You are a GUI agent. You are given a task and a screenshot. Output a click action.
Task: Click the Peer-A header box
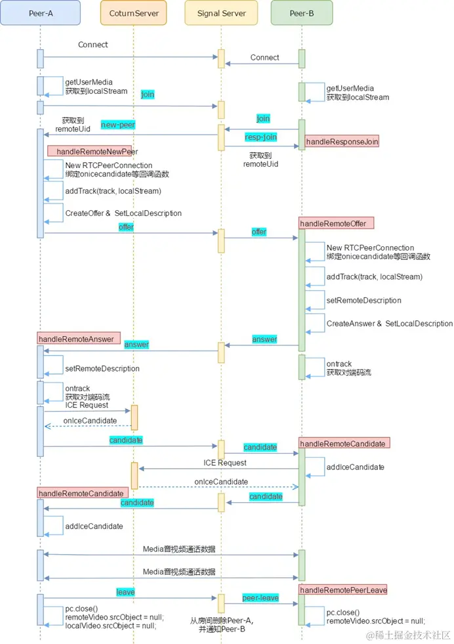pos(41,12)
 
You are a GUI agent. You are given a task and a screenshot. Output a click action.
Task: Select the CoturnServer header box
pos(134,12)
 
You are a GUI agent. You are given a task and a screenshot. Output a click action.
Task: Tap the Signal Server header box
pos(221,12)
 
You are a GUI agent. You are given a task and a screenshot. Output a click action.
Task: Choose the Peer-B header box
pos(302,12)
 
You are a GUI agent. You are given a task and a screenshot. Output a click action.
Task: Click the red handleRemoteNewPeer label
pos(89,152)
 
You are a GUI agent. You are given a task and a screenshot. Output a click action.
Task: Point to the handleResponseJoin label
pos(342,141)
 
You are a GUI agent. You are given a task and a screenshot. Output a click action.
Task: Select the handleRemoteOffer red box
pos(336,224)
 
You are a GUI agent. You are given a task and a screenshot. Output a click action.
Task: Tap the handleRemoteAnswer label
pos(79,338)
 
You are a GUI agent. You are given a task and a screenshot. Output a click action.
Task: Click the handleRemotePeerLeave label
pos(343,590)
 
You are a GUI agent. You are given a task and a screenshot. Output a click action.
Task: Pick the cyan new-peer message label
pos(118,125)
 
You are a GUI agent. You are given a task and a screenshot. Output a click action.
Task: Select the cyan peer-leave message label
pos(260,598)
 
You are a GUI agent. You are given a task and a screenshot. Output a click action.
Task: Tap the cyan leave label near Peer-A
pos(125,592)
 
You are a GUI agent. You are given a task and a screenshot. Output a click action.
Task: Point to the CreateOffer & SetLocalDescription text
pos(123,213)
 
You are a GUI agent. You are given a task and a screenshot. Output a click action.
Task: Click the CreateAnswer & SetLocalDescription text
pos(390,324)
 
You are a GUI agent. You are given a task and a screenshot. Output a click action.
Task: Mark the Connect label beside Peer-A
pos(93,45)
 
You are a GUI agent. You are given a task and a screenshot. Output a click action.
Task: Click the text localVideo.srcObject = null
pos(114,626)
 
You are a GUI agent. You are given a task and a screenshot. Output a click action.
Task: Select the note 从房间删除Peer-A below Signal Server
pos(222,620)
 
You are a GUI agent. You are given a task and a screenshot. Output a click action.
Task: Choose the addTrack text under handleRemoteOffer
pos(374,277)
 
